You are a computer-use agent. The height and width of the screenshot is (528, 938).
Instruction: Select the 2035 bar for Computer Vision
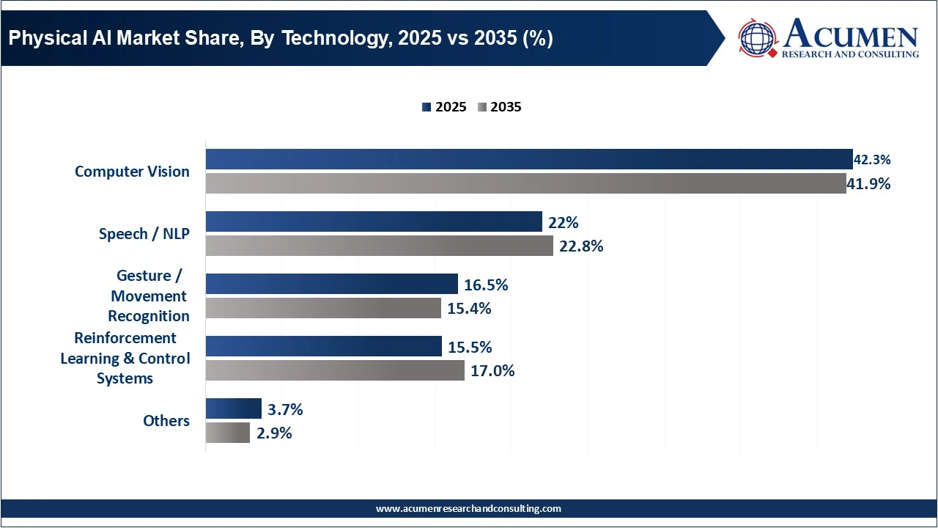[x=525, y=183]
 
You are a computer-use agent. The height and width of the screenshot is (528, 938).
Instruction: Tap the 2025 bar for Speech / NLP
[x=374, y=221]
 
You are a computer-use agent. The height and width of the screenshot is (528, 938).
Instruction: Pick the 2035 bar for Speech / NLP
[x=379, y=246]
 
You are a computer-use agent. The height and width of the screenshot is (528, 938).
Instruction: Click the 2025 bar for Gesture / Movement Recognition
[x=331, y=284]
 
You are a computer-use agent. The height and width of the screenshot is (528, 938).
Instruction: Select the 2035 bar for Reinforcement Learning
[x=335, y=370]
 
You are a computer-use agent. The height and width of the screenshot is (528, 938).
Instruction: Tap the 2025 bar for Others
[x=233, y=408]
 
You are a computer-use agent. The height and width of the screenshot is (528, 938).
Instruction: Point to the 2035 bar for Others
[x=227, y=433]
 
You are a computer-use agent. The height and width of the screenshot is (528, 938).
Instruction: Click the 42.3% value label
[x=872, y=160]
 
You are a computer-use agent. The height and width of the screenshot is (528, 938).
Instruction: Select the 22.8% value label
[x=581, y=246]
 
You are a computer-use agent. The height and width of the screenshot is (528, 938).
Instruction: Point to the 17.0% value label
[x=492, y=371]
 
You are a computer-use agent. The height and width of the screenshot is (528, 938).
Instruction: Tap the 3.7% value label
[x=285, y=409]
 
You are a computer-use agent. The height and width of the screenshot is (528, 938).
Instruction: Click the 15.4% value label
[x=469, y=309]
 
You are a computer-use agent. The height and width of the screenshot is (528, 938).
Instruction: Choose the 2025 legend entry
[x=444, y=107]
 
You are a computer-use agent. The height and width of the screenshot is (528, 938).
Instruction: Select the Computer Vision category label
[x=132, y=172]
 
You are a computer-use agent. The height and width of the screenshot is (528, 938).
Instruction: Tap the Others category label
[x=166, y=421]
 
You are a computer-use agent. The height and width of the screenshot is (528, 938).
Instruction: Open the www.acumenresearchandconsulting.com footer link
[x=468, y=508]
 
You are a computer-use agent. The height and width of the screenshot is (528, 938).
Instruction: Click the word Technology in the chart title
[x=331, y=38]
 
